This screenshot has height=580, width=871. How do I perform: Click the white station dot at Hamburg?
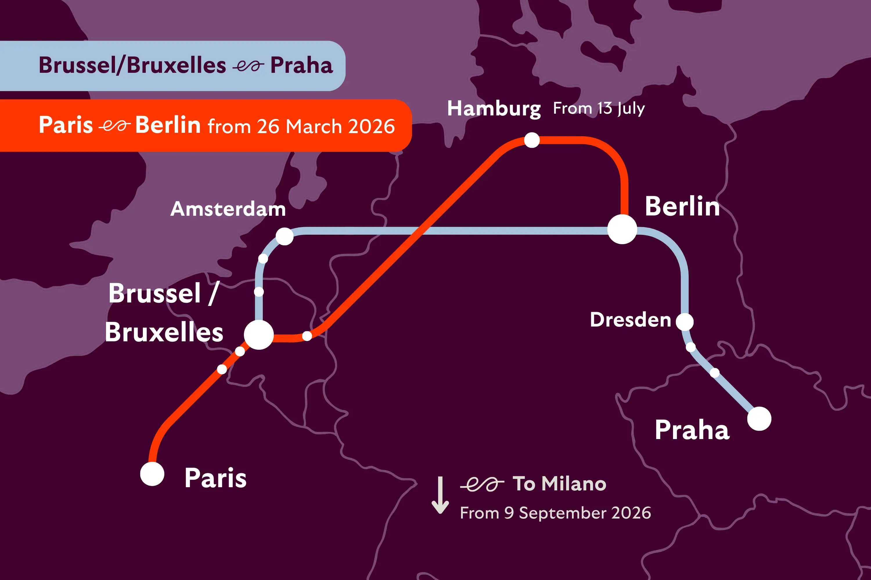point(532,140)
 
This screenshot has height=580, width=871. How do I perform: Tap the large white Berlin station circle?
point(622,229)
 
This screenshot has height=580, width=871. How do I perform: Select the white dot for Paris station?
point(152,474)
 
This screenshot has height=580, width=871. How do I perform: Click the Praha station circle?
point(759,419)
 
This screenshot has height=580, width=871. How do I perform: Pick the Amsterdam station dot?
point(285,236)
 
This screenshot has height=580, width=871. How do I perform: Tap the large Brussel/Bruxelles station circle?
point(259,335)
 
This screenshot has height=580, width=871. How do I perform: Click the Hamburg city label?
point(494,108)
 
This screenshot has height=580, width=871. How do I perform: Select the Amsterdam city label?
point(228,209)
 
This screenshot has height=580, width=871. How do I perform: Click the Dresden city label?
point(630,320)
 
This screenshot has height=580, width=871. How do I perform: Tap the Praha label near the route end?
point(692,430)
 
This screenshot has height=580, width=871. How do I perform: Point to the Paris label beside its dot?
point(215,478)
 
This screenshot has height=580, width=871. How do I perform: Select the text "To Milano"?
point(559,483)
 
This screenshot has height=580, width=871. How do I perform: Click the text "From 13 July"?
point(599,108)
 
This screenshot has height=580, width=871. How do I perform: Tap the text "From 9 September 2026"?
point(555,513)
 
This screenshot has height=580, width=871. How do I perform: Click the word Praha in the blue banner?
point(301,66)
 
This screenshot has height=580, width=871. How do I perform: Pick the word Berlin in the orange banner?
point(168,125)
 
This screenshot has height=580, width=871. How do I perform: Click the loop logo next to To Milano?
point(482,484)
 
